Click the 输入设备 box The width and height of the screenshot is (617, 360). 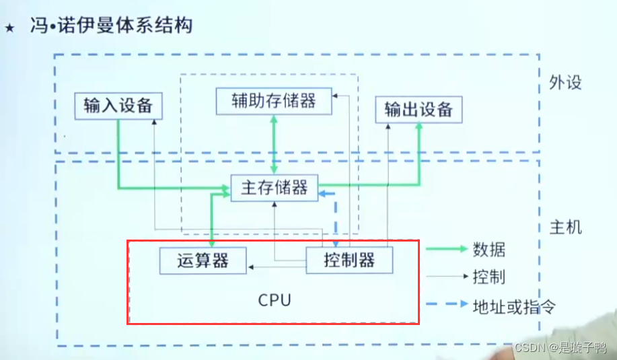(x=118, y=107)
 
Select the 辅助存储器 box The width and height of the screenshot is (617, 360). (x=274, y=101)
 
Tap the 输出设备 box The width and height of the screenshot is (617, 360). (x=419, y=110)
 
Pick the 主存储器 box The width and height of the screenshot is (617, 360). (x=274, y=188)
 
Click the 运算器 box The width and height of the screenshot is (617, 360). (x=203, y=260)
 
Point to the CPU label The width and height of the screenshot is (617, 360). (x=275, y=300)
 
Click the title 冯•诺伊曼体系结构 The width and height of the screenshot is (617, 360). (x=110, y=27)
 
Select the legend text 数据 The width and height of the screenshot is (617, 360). (x=488, y=250)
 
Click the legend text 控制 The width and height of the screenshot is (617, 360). (x=488, y=277)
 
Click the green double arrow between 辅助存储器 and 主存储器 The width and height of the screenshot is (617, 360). (x=274, y=145)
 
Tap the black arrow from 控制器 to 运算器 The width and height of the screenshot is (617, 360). (x=276, y=267)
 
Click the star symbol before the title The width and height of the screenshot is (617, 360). (x=9, y=29)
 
